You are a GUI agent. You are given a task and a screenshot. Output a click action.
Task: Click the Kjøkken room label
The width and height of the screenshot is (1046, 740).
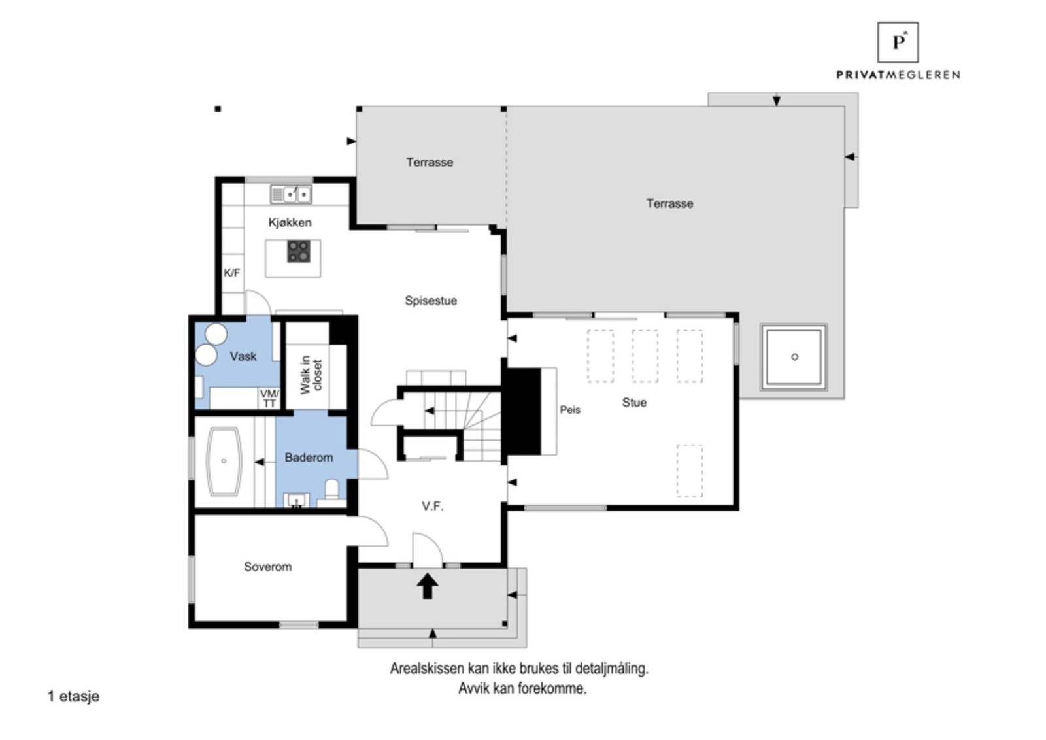click(290, 222)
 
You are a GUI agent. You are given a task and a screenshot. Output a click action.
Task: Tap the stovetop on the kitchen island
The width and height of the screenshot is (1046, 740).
click(299, 251)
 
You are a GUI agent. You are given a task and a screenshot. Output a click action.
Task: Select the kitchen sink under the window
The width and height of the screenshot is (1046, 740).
click(291, 194)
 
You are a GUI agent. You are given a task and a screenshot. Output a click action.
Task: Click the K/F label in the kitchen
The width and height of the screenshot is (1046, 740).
click(231, 273)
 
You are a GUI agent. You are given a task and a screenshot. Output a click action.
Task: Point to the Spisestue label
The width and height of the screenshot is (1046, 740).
click(430, 301)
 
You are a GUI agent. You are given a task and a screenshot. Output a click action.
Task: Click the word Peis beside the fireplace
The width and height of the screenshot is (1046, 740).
click(569, 410)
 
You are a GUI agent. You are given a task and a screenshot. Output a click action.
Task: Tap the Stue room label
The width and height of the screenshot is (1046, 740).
click(633, 403)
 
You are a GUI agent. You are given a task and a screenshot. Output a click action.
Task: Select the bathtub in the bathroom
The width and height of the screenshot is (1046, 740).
click(224, 461)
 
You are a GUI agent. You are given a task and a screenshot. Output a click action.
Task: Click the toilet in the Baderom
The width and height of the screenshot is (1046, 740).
click(332, 490)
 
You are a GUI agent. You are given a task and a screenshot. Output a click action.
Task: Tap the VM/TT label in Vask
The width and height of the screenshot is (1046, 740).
click(269, 398)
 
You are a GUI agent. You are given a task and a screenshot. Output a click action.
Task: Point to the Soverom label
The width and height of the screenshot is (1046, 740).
click(267, 567)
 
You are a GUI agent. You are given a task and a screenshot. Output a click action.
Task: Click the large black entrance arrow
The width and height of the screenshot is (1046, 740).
click(428, 586)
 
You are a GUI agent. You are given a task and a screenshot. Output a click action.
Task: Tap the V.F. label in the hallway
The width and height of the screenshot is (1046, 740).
click(432, 506)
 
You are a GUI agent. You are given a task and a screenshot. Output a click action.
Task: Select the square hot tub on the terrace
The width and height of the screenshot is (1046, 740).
click(794, 357)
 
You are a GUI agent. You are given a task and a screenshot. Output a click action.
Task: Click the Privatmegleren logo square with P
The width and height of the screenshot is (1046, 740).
click(897, 42)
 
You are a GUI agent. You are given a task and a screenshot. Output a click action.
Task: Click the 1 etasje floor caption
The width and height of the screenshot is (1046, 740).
click(73, 696)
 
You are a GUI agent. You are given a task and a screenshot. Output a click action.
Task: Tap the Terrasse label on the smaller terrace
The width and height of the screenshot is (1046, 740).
click(429, 162)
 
